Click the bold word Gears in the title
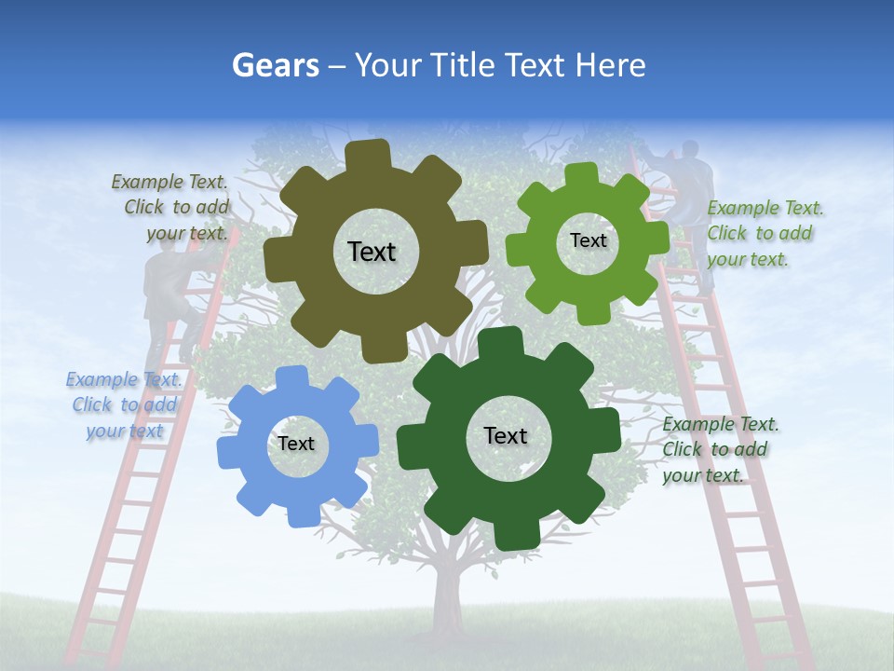point(275,65)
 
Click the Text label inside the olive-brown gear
point(372,252)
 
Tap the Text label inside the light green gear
point(588,240)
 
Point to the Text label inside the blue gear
point(296,444)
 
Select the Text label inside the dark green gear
point(506,435)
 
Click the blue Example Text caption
point(124,405)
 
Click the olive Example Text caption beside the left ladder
point(171,207)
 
